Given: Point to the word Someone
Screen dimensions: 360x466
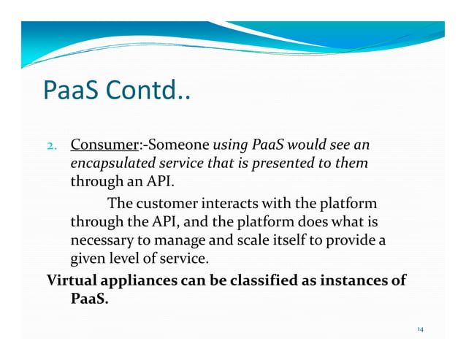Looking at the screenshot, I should (x=173, y=142).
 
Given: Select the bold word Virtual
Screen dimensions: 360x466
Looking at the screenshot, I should (x=72, y=280).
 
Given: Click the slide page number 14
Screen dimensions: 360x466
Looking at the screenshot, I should (x=420, y=330).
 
